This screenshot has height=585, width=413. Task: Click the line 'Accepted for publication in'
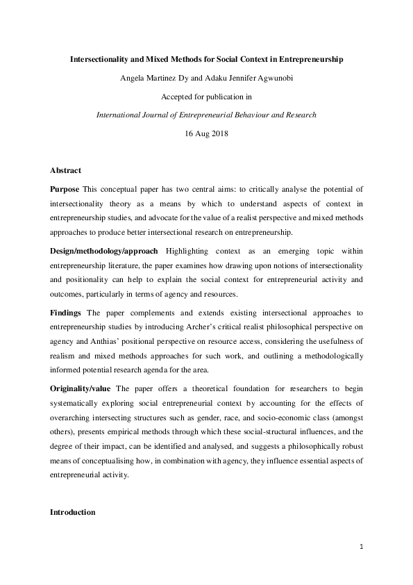206,97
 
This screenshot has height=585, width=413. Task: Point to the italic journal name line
206,115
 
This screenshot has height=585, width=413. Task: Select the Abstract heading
65,170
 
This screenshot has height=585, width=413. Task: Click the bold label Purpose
65,189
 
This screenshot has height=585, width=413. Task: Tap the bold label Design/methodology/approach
104,249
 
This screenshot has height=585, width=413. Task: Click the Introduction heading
73,512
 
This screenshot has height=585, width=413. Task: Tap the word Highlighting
186,249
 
